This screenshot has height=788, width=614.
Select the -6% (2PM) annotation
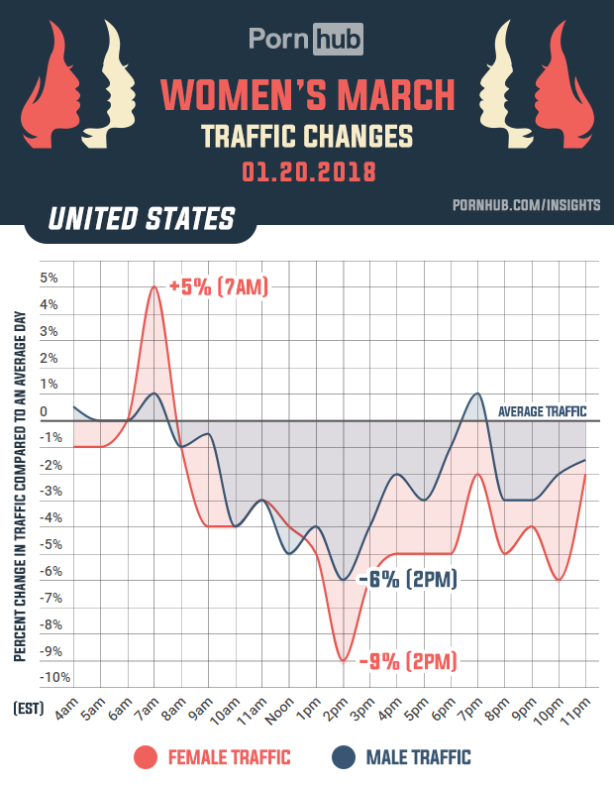(408, 580)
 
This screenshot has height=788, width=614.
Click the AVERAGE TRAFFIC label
(542, 411)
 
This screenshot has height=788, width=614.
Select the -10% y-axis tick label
(53, 678)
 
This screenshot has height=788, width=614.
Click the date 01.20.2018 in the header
(308, 170)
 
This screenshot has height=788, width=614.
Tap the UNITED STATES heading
(143, 218)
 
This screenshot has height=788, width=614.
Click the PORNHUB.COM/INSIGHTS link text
(526, 204)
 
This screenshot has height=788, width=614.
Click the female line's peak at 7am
(154, 287)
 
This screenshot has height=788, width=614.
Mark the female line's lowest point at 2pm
(343, 660)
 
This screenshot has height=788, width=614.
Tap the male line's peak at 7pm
(477, 394)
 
